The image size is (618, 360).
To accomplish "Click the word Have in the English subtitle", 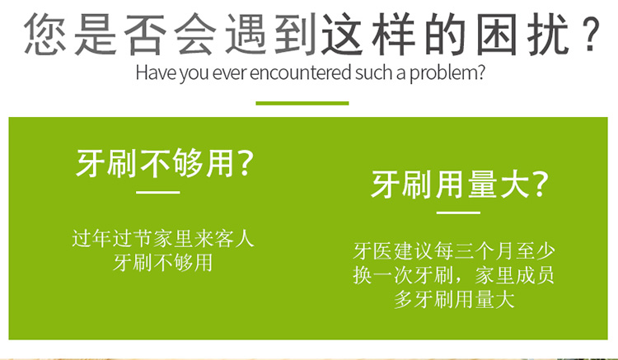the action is tap(156, 72).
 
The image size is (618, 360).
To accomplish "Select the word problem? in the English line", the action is tap(447, 73).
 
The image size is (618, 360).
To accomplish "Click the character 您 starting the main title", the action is tap(45, 35).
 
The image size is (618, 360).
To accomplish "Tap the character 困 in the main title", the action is tap(496, 35).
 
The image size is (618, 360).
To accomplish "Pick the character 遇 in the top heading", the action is tap(246, 35).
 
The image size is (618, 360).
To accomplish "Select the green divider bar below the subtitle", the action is tap(302, 103).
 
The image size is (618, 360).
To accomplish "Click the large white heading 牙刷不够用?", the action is tap(164, 162).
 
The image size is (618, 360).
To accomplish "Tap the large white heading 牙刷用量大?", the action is tap(459, 184).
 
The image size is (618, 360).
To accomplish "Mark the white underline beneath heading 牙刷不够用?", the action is tap(158, 192).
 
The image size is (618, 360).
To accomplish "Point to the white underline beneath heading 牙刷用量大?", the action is tap(458, 213).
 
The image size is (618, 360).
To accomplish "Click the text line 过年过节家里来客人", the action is tap(163, 238).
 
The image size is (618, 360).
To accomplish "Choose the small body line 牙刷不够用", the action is tap(163, 263).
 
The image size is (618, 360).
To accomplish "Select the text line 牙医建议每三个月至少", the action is tap(454, 251).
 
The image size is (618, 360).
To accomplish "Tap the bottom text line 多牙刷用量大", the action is tap(454, 299).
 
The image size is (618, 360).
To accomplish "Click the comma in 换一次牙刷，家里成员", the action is tap(459, 280).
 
